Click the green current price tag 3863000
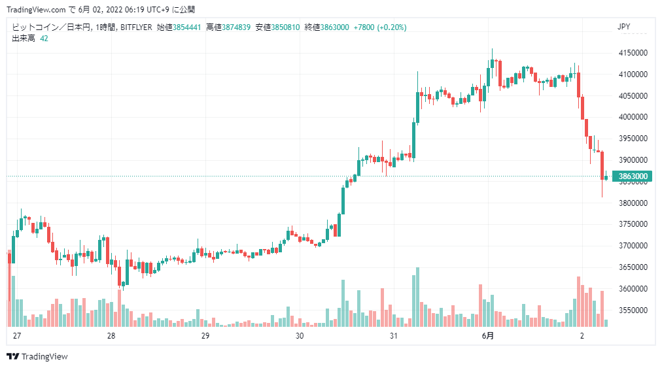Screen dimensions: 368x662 [x=633, y=176]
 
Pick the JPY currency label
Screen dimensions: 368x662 [x=623, y=27]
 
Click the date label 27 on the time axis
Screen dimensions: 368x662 [x=17, y=336]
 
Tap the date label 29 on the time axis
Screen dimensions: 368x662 [x=205, y=336]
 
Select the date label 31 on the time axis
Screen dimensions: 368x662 [x=393, y=336]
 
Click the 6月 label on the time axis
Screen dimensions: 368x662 [x=487, y=336]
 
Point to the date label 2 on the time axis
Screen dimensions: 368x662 [x=582, y=336]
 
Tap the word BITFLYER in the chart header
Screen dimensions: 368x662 [x=136, y=27]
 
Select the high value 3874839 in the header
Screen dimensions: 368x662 [x=236, y=27]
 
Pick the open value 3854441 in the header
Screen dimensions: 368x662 [x=186, y=27]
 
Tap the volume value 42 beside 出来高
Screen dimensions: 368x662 [x=44, y=39]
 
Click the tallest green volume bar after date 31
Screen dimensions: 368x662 [x=417, y=297]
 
